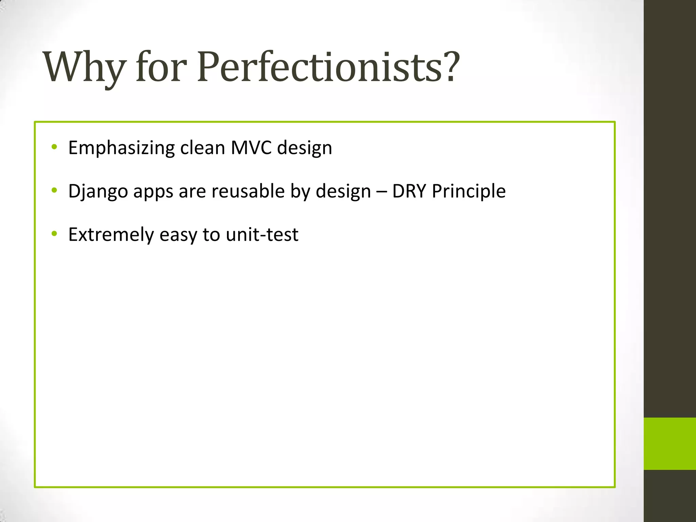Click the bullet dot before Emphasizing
tap(54, 147)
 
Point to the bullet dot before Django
tap(54, 191)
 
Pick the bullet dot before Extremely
tap(54, 234)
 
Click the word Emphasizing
tap(121, 148)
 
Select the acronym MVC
tap(251, 148)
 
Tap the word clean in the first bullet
tap(203, 148)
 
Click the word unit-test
tap(262, 234)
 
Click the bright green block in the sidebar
tap(669, 443)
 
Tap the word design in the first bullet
tap(304, 148)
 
